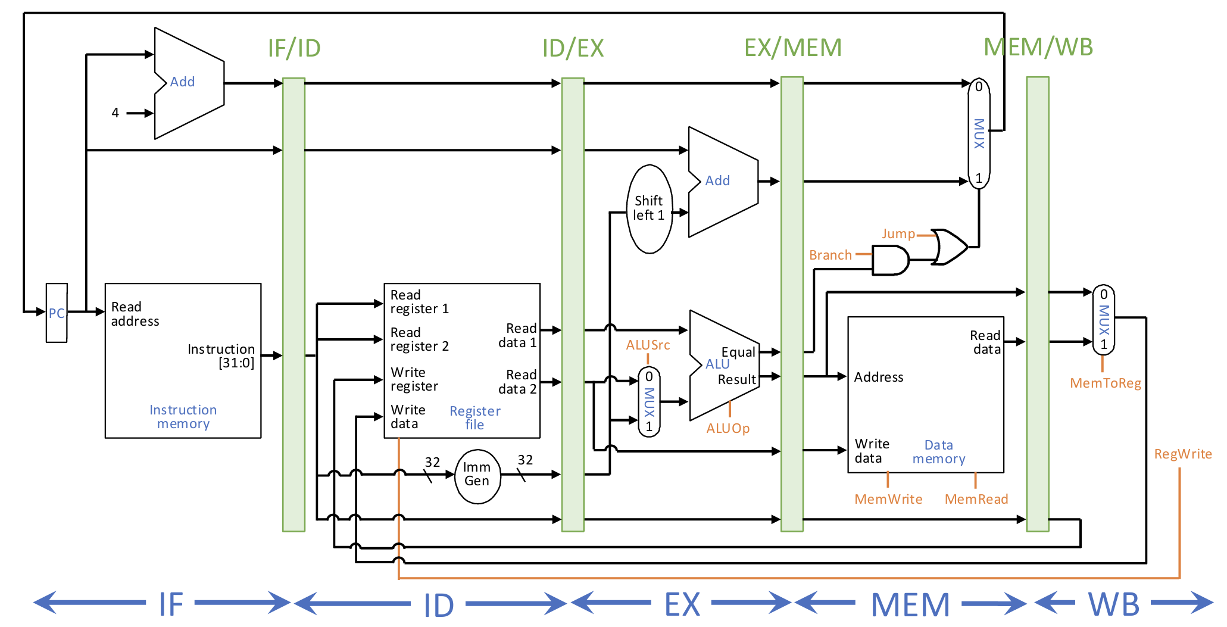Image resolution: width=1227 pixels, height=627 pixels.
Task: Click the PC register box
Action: [x=57, y=313]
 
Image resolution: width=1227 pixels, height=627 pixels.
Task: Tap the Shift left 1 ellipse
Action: [x=649, y=208]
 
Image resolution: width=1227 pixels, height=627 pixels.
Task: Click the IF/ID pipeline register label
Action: [x=294, y=48]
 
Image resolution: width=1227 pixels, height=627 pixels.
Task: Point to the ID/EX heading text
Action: [x=573, y=48]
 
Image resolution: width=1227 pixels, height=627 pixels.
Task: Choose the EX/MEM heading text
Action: [x=792, y=48]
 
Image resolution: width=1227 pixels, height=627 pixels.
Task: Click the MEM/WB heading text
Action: [x=1038, y=47]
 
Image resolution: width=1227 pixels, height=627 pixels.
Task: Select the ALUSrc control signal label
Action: [x=648, y=345]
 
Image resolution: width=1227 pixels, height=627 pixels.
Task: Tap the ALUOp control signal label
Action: [x=728, y=429]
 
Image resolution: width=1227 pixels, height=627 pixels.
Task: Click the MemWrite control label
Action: [x=888, y=499]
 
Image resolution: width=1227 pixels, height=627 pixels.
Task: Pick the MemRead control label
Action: [x=976, y=499]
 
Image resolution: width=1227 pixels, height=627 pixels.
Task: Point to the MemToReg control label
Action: [x=1106, y=383]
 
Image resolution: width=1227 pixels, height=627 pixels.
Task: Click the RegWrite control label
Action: [x=1183, y=454]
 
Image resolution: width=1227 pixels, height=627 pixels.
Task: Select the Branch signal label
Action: [x=830, y=255]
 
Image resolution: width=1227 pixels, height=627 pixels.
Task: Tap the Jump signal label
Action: [x=898, y=234]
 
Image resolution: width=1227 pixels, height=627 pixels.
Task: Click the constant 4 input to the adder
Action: [x=115, y=113]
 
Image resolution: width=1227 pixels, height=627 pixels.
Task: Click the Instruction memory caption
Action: [x=183, y=417]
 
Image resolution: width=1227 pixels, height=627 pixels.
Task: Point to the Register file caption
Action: [x=474, y=418]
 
